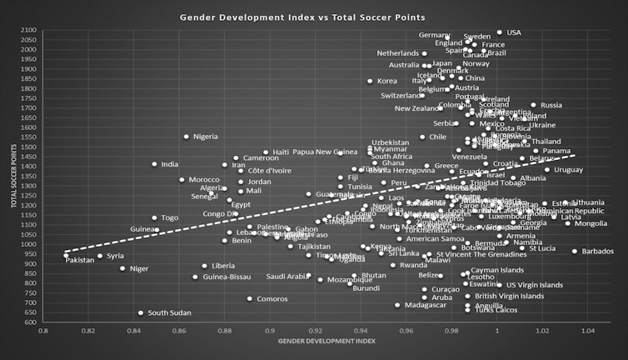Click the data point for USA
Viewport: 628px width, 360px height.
(500, 32)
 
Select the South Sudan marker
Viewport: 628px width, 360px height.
(140, 313)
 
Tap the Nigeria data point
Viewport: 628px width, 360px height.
(187, 137)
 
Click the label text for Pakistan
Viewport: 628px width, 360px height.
(80, 260)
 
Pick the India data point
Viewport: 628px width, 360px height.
(154, 164)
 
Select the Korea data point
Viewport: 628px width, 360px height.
(370, 82)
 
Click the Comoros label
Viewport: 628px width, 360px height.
(272, 299)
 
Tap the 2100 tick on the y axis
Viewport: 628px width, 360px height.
(28, 31)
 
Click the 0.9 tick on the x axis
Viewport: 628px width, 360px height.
(269, 332)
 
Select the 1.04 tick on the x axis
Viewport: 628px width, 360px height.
(588, 332)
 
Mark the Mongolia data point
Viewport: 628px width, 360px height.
(568, 223)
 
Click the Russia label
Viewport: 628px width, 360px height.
(551, 106)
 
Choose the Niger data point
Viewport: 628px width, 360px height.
(122, 268)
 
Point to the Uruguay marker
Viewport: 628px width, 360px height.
(547, 170)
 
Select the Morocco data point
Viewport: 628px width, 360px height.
(182, 180)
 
